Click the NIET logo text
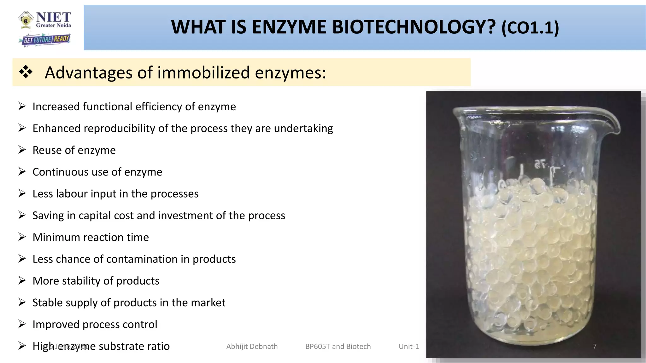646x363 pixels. pyautogui.click(x=53, y=18)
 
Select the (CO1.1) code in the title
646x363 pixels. pyautogui.click(x=530, y=28)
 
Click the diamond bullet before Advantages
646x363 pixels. pyautogui.click(x=26, y=72)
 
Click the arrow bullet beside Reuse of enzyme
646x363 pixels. pyautogui.click(x=22, y=150)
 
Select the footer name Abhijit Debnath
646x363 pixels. pyautogui.click(x=252, y=346)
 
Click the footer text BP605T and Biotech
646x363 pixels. pyautogui.click(x=338, y=346)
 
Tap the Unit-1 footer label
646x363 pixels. pyautogui.click(x=409, y=346)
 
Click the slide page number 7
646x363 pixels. pyautogui.click(x=594, y=346)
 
